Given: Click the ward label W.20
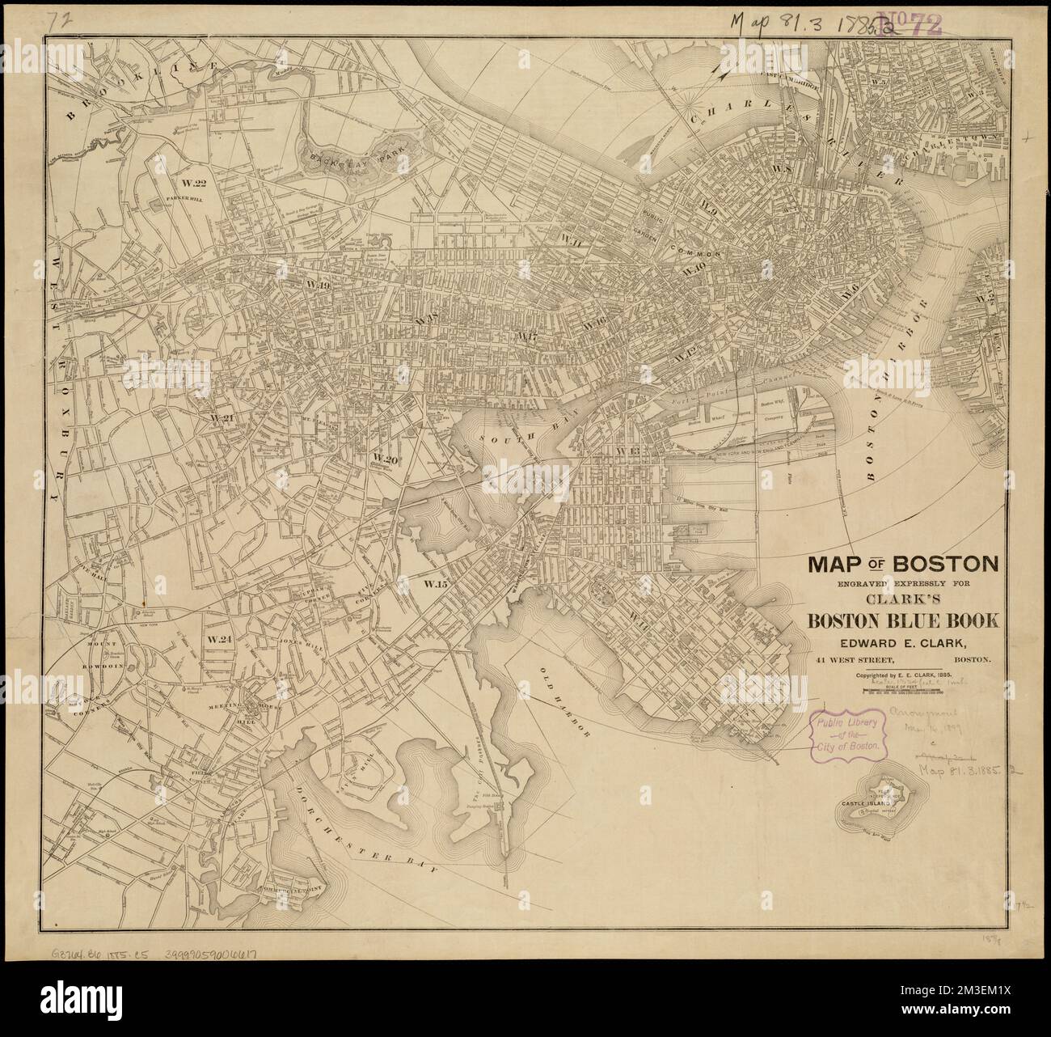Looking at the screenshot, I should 386,458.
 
